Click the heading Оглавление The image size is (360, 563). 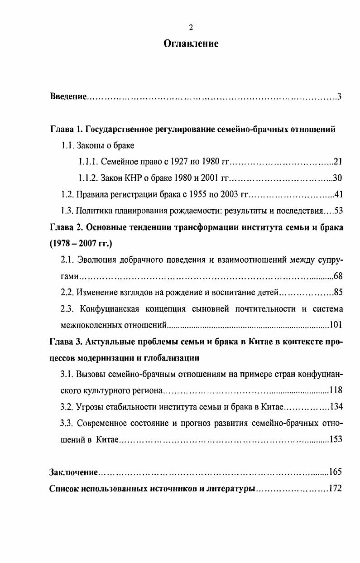coord(191,43)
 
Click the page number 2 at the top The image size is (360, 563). coord(191,28)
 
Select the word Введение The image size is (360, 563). coord(67,97)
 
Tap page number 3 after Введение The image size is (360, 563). coord(339,97)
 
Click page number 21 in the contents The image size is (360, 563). coord(338,161)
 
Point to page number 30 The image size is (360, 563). coord(338,178)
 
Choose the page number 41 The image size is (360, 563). coord(338,195)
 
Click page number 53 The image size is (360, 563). coord(338,212)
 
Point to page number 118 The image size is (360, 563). coord(336,390)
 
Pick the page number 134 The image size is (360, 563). coord(336,407)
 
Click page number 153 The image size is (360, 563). coord(336,439)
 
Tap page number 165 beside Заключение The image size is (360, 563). coord(335,472)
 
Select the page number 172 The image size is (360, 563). coord(336,489)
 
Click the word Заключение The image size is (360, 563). coord(74,472)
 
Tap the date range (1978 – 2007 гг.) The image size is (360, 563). coord(81,244)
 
